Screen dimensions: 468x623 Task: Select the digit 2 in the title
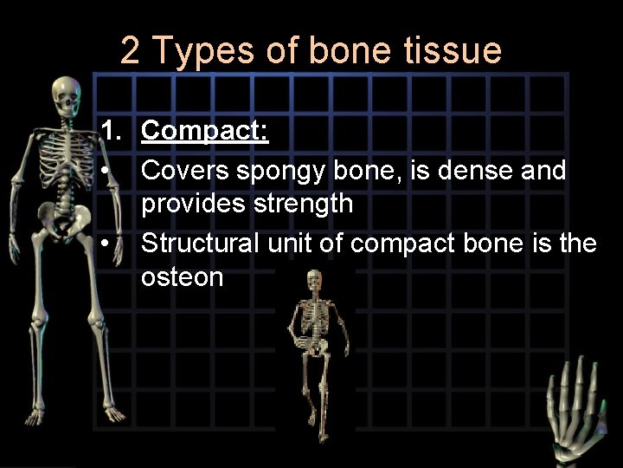click(130, 50)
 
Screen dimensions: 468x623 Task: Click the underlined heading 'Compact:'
click(205, 132)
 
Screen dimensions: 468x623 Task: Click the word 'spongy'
click(279, 171)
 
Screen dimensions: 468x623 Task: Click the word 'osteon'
click(182, 277)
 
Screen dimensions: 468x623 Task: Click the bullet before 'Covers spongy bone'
click(104, 171)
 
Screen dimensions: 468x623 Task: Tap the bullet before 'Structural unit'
click(104, 244)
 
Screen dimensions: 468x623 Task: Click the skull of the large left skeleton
click(65, 95)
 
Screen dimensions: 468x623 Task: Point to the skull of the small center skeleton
click(313, 281)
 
